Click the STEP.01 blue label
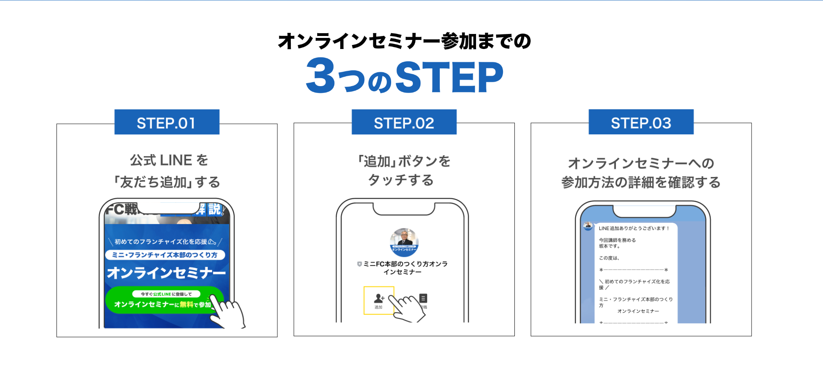pyautogui.click(x=167, y=122)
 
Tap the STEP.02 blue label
pyautogui.click(x=404, y=122)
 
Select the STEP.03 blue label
pyautogui.click(x=641, y=122)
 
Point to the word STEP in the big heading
pyautogui.click(x=449, y=77)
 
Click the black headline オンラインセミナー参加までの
pyautogui.click(x=404, y=41)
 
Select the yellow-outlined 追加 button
pyautogui.click(x=379, y=300)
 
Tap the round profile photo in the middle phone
pyautogui.click(x=404, y=242)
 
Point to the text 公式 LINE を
pyautogui.click(x=169, y=160)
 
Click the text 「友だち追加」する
pyautogui.click(x=167, y=182)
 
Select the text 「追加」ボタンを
pyautogui.click(x=404, y=161)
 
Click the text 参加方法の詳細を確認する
pyautogui.click(x=641, y=183)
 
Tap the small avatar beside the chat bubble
pyautogui.click(x=588, y=226)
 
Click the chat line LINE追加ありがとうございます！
pyautogui.click(x=634, y=228)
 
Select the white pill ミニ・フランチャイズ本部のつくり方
pyautogui.click(x=165, y=255)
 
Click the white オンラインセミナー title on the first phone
pyautogui.click(x=166, y=273)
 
